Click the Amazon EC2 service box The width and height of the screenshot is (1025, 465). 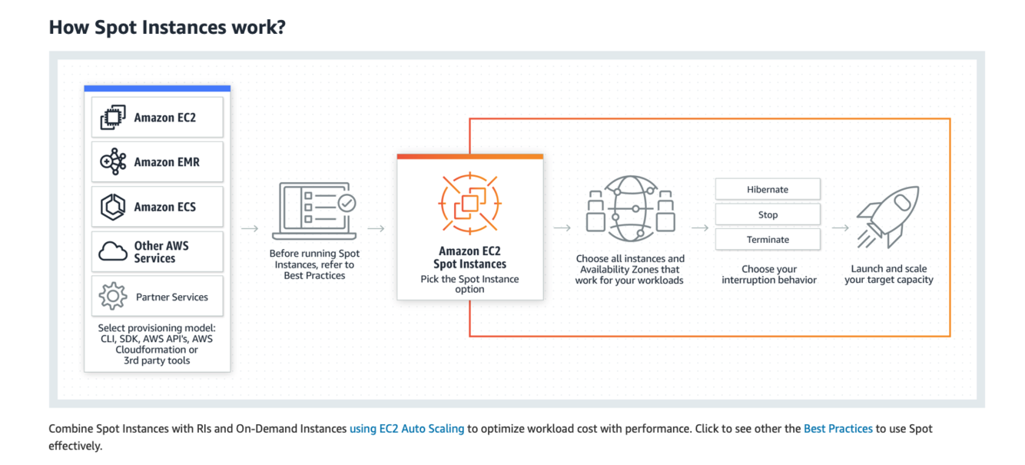(157, 118)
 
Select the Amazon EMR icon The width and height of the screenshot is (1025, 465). (113, 162)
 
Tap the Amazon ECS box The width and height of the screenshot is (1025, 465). (157, 207)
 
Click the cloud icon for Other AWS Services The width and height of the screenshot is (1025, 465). (113, 251)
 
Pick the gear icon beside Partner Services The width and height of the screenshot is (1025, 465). (113, 296)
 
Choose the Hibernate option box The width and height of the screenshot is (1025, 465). (767, 189)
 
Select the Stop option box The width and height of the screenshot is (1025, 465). (767, 214)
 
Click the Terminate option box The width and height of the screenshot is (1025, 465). (767, 239)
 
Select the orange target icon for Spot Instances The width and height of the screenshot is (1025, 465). (469, 204)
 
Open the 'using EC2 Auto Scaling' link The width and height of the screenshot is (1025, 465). (406, 429)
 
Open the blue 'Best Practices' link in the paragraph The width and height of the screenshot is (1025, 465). (838, 429)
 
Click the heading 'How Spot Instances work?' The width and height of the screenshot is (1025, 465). (167, 27)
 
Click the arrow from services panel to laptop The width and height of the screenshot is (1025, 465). (249, 228)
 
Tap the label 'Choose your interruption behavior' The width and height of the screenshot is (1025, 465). (768, 274)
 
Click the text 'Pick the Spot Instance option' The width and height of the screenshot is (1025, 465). (469, 284)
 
